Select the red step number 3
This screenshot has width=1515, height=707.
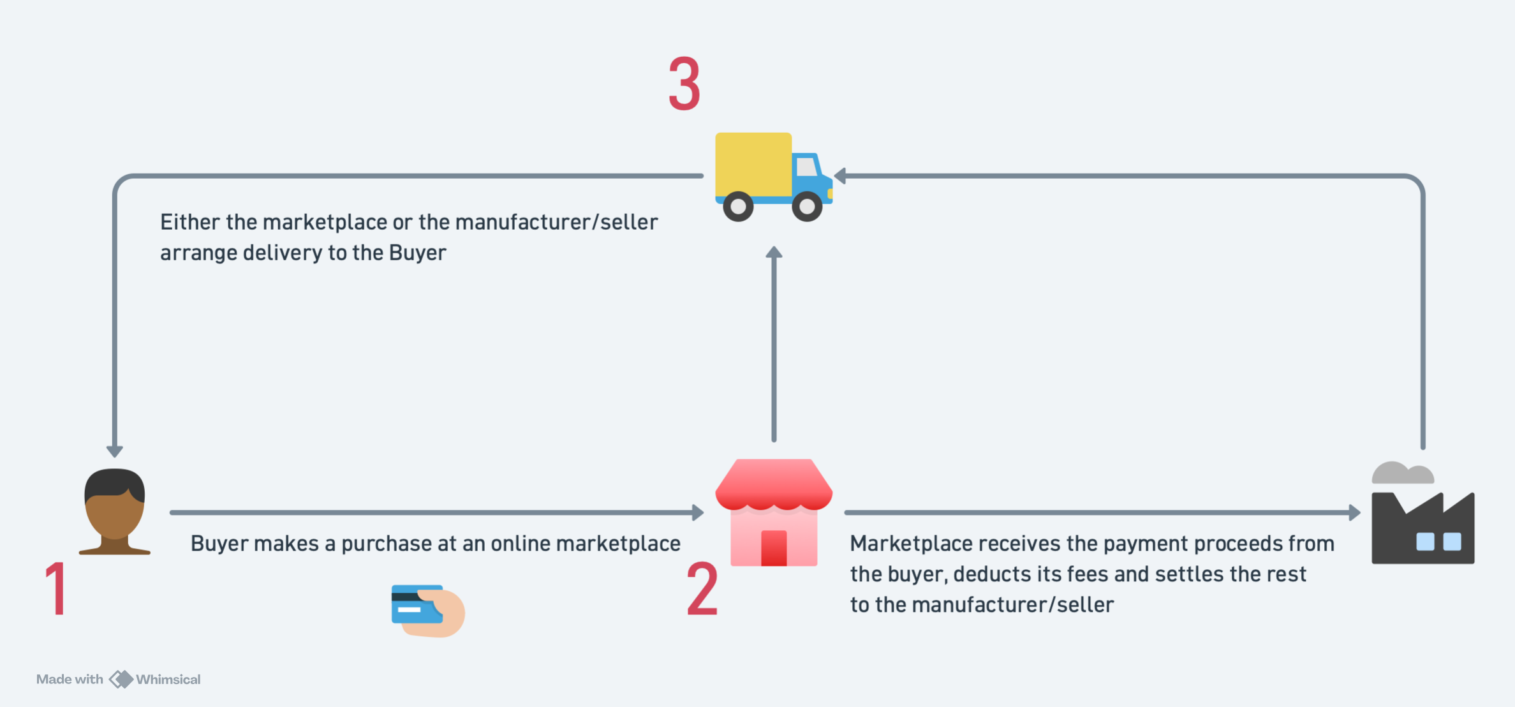[684, 84]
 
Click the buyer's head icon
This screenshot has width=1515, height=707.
[115, 507]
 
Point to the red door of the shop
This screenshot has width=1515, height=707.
[774, 547]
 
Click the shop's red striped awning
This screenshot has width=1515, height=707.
[774, 485]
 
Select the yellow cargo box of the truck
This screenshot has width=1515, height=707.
[753, 164]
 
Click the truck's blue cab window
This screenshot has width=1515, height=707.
[807, 167]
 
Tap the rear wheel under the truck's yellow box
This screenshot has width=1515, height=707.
[738, 206]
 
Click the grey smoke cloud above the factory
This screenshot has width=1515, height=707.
[1403, 473]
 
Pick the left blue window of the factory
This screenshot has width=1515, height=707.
[1425, 542]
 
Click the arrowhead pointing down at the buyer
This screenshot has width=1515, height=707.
[115, 451]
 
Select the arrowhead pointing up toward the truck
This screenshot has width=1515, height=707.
[774, 253]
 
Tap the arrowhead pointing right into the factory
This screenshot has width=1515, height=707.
[1354, 512]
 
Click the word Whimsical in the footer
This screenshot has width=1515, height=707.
[168, 680]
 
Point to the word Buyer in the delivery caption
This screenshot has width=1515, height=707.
[417, 253]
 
